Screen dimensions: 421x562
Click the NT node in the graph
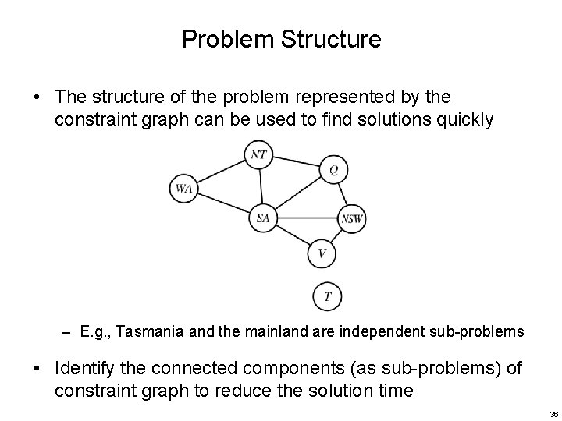pyautogui.click(x=259, y=154)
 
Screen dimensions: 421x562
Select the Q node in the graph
pyautogui.click(x=333, y=170)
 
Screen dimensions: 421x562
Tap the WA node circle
pyautogui.click(x=184, y=188)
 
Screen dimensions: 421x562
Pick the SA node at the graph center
pyautogui.click(x=263, y=218)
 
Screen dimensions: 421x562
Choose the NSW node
pyautogui.click(x=352, y=219)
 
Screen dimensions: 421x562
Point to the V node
pyautogui.click(x=322, y=253)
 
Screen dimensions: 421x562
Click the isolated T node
pyautogui.click(x=327, y=296)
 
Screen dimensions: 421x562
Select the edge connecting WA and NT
pyautogui.click(x=222, y=172)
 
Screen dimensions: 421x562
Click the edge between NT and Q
pyautogui.click(x=297, y=162)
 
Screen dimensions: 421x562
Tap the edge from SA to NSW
pyautogui.click(x=308, y=218)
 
